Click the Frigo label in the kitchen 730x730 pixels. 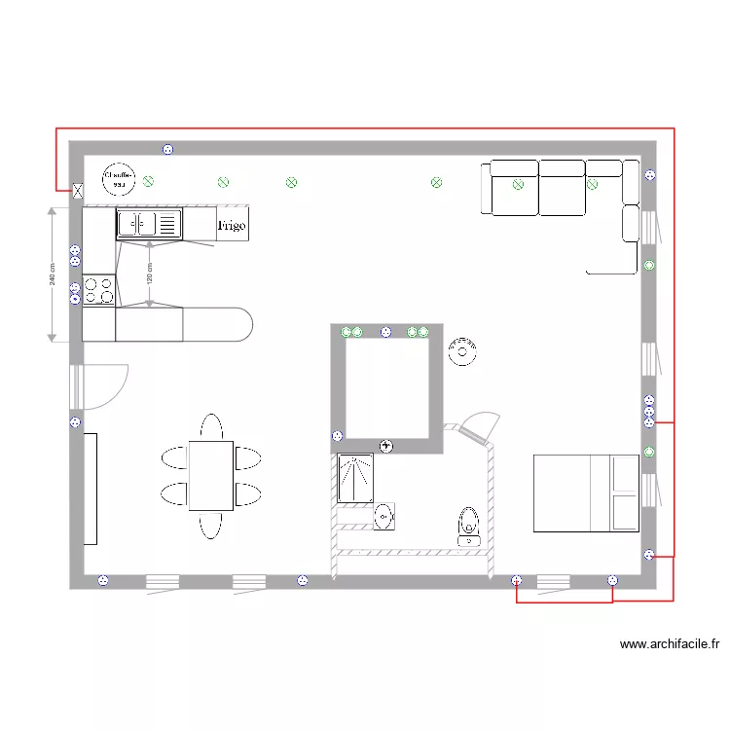coord(232,225)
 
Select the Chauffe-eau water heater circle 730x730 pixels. coord(120,178)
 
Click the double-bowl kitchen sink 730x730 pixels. coord(150,225)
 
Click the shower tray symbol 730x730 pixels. coord(355,478)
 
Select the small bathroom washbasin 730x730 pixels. coord(384,516)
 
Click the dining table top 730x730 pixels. coord(210,475)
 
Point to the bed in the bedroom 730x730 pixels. coord(585,493)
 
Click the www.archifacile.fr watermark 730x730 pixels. coord(669,643)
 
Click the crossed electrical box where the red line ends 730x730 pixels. coord(77,192)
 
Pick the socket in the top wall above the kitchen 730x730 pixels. coord(167,149)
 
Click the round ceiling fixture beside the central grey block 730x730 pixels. coord(462,351)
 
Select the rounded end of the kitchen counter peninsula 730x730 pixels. coord(238,324)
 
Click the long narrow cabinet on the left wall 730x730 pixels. coord(90,489)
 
